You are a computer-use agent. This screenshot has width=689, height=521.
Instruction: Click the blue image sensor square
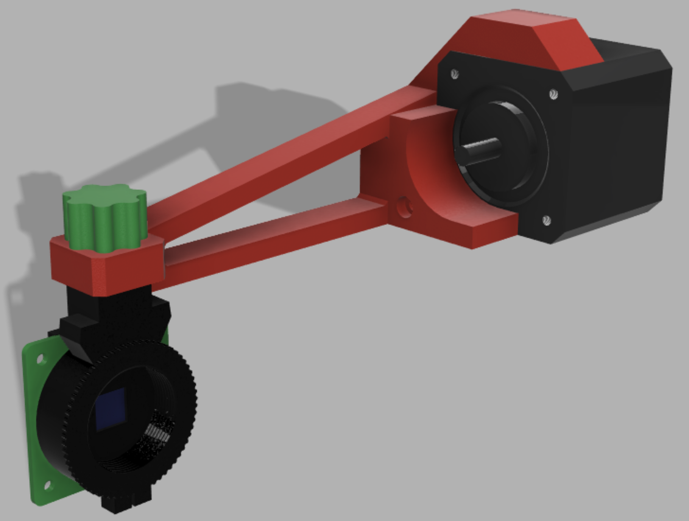coord(111,409)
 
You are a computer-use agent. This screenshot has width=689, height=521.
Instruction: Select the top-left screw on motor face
coord(455,74)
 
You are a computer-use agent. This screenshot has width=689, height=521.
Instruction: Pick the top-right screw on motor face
coord(553,94)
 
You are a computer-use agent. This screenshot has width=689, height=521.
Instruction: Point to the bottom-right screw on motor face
coord(546,220)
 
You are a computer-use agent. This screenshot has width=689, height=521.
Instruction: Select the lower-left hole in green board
coord(48,485)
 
